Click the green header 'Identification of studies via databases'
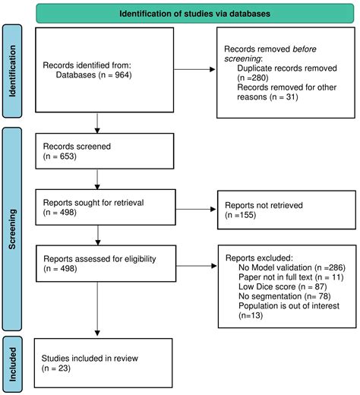click(x=194, y=14)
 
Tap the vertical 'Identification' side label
click(x=12, y=71)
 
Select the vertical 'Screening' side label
click(x=12, y=229)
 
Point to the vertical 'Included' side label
click(x=12, y=365)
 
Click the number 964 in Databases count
click(x=122, y=75)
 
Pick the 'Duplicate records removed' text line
click(x=287, y=68)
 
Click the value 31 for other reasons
click(x=291, y=96)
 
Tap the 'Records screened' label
click(x=77, y=147)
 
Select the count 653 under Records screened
click(x=67, y=156)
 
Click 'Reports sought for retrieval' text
click(x=93, y=203)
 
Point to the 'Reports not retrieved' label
click(x=264, y=205)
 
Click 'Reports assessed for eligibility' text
click(x=99, y=259)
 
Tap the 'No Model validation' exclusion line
click(x=292, y=267)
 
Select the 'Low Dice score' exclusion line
click(x=283, y=286)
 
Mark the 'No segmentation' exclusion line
click(x=285, y=296)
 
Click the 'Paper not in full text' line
click(x=291, y=277)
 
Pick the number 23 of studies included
click(x=63, y=368)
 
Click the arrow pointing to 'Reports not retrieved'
click(x=196, y=209)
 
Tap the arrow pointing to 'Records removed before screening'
click(x=194, y=69)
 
